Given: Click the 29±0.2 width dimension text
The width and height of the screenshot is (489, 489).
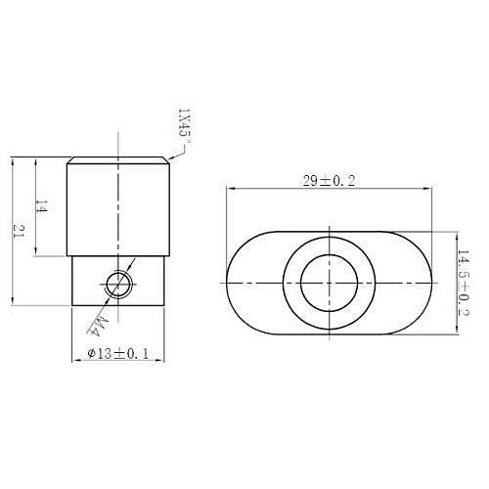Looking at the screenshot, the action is (329, 181).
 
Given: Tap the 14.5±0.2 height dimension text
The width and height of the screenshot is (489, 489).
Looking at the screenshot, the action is (464, 283).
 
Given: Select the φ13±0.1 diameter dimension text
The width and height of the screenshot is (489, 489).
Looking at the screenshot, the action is (118, 353).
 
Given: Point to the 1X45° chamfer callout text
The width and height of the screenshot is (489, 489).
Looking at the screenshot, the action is (184, 126).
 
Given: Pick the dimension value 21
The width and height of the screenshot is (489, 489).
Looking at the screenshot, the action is (20, 231).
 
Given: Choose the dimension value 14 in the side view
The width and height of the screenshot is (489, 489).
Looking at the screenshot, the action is (42, 206).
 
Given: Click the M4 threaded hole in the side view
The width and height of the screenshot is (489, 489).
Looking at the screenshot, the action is (119, 285).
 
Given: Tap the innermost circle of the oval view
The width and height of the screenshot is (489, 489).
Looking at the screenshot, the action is (330, 283).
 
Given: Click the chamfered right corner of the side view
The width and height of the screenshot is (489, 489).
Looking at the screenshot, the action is (166, 160).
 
